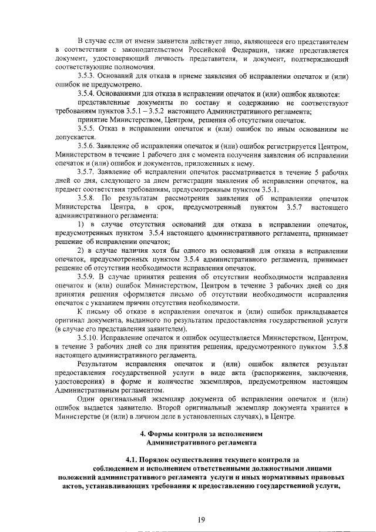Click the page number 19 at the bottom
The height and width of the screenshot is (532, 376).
(202, 519)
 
